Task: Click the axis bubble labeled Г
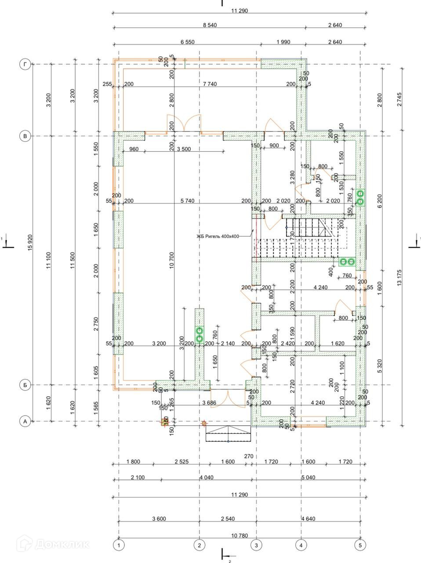point(25,65)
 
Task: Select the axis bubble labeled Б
point(25,385)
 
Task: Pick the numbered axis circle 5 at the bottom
point(360,545)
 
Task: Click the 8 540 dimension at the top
point(210,26)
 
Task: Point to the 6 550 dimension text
point(187,42)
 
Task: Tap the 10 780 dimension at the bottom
point(239,535)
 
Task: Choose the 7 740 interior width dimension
point(210,84)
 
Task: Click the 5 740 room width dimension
point(187,201)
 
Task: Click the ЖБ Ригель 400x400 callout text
point(218,236)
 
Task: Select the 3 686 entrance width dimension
point(209,402)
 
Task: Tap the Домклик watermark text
point(62,545)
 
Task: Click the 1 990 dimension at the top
point(283,42)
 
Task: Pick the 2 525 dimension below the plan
point(181,462)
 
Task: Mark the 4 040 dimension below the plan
point(207,478)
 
